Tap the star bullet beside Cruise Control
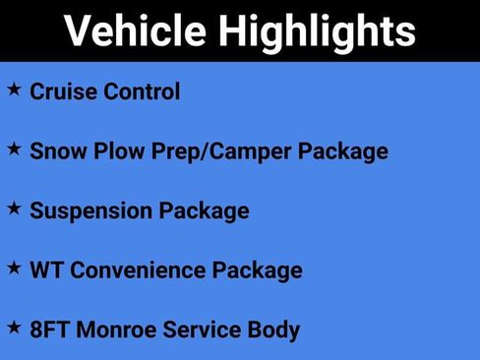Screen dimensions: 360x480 [x=14, y=90]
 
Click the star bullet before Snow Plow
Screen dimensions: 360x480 [x=14, y=149]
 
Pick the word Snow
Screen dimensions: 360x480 [x=56, y=151]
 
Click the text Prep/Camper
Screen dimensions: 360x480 [x=211, y=152]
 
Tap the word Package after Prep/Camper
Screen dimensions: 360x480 [x=343, y=152]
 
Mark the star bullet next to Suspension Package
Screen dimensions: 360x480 [x=14, y=208]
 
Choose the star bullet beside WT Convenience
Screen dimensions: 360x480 [x=14, y=267]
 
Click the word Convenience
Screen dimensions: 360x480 [x=141, y=270]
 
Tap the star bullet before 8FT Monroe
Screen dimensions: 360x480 [x=14, y=326]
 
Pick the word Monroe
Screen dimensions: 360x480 [x=114, y=329]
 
